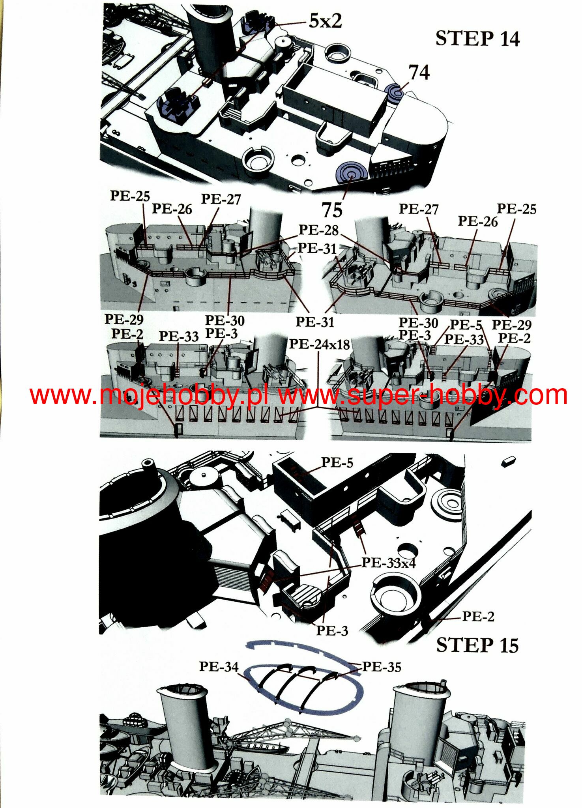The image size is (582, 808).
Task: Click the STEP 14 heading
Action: pyautogui.click(x=477, y=39)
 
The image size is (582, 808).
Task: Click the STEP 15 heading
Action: pyautogui.click(x=477, y=645)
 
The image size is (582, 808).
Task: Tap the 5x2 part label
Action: pyautogui.click(x=325, y=21)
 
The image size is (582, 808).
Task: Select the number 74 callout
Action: pyautogui.click(x=419, y=72)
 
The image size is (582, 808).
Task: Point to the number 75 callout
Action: pyautogui.click(x=332, y=209)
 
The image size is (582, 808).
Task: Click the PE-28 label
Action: pyautogui.click(x=318, y=230)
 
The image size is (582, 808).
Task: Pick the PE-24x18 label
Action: pyautogui.click(x=320, y=344)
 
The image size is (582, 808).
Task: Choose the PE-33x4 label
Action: pyautogui.click(x=389, y=563)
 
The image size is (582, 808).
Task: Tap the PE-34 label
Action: pyautogui.click(x=219, y=666)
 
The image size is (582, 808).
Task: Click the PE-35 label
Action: pyautogui.click(x=382, y=667)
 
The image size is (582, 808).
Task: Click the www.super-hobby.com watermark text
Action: pyautogui.click(x=423, y=395)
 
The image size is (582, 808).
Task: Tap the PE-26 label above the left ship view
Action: pyautogui.click(x=172, y=209)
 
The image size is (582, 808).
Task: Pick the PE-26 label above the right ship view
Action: pyautogui.click(x=477, y=221)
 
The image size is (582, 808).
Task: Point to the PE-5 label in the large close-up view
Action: pyautogui.click(x=337, y=462)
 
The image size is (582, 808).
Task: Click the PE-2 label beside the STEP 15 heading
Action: pyautogui.click(x=478, y=616)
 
